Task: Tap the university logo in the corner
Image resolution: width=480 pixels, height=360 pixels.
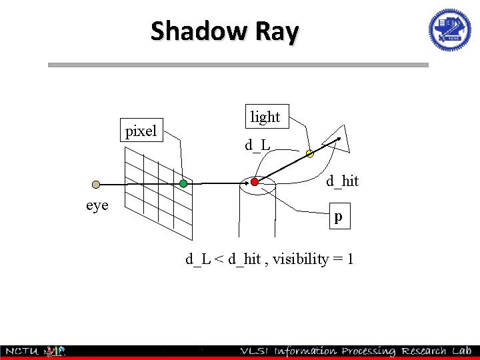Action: pyautogui.click(x=449, y=30)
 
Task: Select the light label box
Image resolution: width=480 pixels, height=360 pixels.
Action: pyautogui.click(x=265, y=117)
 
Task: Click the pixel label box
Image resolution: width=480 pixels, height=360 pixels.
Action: pyautogui.click(x=141, y=131)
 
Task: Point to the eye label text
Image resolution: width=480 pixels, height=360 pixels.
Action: pyautogui.click(x=97, y=205)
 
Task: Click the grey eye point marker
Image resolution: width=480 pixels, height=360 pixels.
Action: pyautogui.click(x=96, y=184)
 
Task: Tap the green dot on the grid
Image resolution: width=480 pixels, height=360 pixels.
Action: pyautogui.click(x=183, y=183)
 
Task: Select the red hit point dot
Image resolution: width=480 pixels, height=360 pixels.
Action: pyautogui.click(x=254, y=182)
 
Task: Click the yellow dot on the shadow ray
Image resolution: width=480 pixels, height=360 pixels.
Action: pyautogui.click(x=309, y=154)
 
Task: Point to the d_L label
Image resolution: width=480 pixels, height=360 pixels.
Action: pyautogui.click(x=257, y=145)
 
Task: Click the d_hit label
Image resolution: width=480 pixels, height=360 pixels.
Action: pyautogui.click(x=342, y=181)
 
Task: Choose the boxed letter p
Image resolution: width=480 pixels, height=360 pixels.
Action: pyautogui.click(x=338, y=217)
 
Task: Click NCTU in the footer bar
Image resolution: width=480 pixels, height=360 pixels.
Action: pyautogui.click(x=22, y=351)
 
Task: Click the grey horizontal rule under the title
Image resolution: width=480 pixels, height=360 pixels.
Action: pyautogui.click(x=238, y=65)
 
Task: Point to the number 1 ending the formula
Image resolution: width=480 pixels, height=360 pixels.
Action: pyautogui.click(x=349, y=259)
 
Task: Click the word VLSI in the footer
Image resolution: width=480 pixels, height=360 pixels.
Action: pyautogui.click(x=256, y=351)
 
